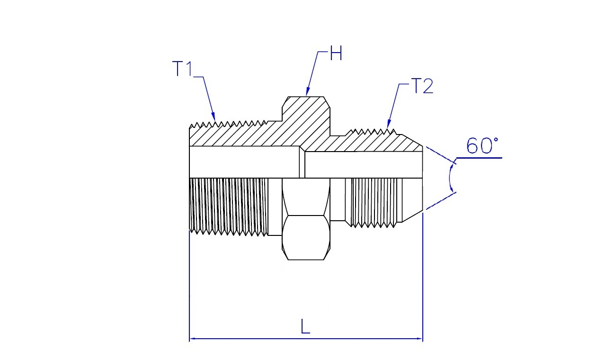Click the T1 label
point(182,69)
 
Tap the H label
point(336,53)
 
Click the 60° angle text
point(482,145)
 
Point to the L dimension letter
point(305,326)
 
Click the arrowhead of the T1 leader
point(213,117)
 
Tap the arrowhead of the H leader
point(308,92)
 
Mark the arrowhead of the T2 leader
point(389,124)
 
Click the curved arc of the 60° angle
point(450,178)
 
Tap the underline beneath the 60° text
point(479,158)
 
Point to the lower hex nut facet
point(306,238)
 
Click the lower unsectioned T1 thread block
point(229,206)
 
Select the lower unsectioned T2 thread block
point(374,202)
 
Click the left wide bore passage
point(244,162)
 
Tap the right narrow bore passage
point(364,164)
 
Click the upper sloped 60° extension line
point(441,155)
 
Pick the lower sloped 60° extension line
point(441,201)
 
